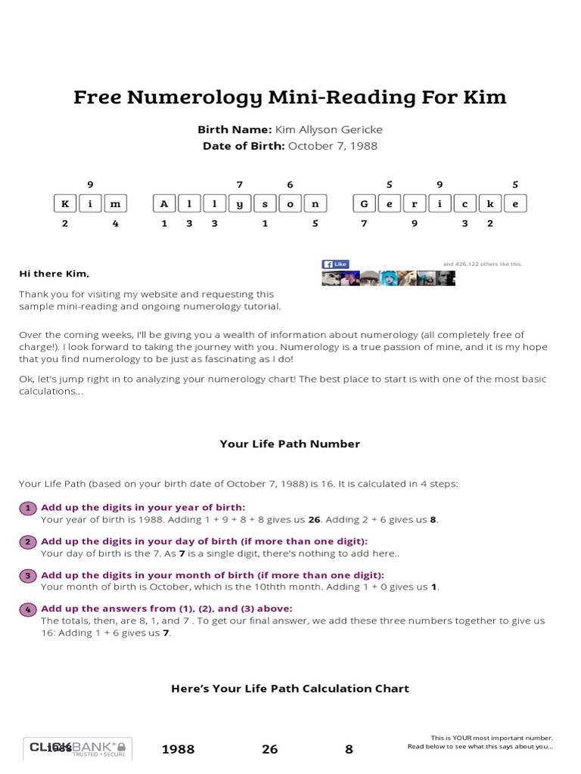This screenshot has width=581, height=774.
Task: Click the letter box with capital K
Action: (x=66, y=203)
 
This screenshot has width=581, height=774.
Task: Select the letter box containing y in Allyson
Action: (x=240, y=203)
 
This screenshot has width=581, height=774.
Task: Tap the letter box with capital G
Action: (x=365, y=203)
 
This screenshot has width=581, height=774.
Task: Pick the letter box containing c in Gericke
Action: (x=464, y=203)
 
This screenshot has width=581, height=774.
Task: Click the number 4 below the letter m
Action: (x=115, y=224)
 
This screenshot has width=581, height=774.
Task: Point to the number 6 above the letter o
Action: (x=290, y=184)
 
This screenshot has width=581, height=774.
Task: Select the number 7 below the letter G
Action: (x=364, y=224)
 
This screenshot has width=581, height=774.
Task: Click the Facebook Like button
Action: (x=334, y=264)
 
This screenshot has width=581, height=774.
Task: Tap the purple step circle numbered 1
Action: (x=27, y=508)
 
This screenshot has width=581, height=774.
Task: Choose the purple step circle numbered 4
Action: (x=27, y=609)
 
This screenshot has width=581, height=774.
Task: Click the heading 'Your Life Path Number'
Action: (x=290, y=444)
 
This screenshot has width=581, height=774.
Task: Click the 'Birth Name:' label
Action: (x=235, y=130)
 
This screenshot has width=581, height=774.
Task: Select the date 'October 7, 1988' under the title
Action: (x=333, y=146)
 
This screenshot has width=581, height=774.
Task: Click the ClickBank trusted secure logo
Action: (x=78, y=748)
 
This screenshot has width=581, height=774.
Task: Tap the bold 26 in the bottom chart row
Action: (x=270, y=750)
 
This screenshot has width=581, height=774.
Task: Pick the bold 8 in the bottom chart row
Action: (x=349, y=750)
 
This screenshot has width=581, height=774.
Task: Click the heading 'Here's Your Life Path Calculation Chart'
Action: (x=290, y=689)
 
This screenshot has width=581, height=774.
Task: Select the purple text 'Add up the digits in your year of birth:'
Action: (x=143, y=507)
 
